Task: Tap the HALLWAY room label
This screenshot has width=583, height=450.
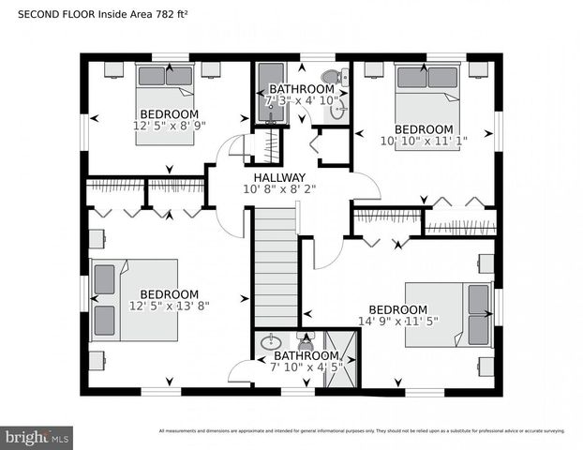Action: pos(279,177)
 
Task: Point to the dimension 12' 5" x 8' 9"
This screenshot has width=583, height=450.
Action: pos(170,126)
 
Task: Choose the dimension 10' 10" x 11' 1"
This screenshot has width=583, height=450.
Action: pos(424,141)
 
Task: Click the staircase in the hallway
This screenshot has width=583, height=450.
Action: pos(276,267)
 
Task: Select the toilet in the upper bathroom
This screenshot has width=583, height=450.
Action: pos(331,78)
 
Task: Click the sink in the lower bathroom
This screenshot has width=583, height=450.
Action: pos(270,342)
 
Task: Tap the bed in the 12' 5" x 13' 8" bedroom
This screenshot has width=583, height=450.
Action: pos(117,300)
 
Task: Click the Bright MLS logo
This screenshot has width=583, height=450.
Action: pos(37,436)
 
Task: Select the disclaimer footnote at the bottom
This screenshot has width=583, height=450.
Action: pos(362,431)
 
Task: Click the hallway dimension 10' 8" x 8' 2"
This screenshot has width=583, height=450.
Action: pos(279,188)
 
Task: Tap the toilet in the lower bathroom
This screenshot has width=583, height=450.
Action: pos(306,339)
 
